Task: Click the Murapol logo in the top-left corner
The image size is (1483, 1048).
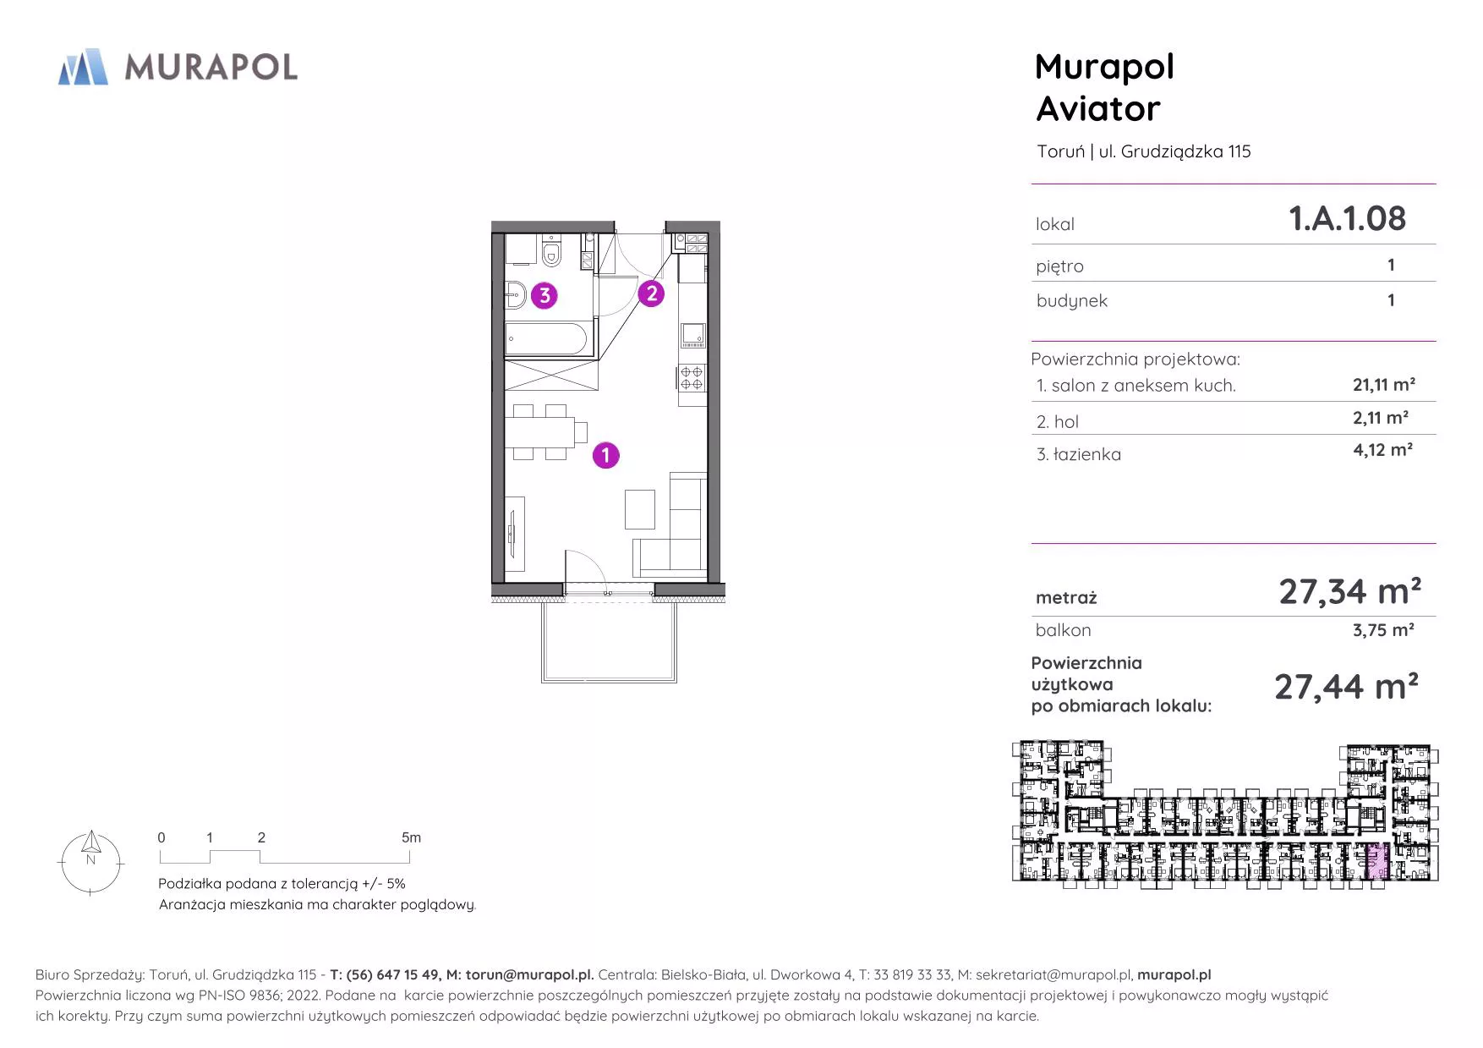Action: (178, 67)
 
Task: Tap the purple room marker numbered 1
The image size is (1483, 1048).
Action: (605, 455)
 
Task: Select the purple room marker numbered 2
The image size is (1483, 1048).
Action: (651, 294)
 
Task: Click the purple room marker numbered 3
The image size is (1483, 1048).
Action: (544, 295)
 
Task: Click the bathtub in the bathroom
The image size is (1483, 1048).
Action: (546, 339)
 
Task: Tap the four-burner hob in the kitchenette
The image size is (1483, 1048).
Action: (692, 378)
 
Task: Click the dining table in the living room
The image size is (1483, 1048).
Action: (540, 432)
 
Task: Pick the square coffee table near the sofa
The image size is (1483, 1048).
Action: (640, 509)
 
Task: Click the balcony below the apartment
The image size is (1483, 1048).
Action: (609, 641)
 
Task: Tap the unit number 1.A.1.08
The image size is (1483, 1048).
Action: (1347, 218)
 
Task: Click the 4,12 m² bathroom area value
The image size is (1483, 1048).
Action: (1382, 450)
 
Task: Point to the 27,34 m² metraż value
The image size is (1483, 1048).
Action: (1349, 591)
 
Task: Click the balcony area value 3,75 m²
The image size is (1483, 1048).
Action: (1383, 630)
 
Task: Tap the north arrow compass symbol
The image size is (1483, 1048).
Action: (91, 862)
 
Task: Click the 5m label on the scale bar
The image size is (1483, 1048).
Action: (411, 837)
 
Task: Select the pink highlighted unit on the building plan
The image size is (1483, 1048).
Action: (1377, 863)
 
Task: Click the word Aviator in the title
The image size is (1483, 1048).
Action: (1097, 109)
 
